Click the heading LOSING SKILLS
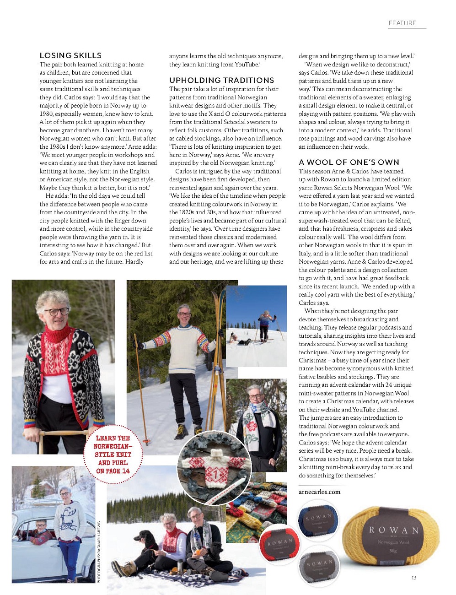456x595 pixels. [x=70, y=55]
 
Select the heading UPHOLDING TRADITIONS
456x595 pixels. [x=221, y=80]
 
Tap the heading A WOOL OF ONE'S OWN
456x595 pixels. [x=349, y=162]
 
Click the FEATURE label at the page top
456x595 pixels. [x=402, y=23]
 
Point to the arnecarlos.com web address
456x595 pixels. [x=320, y=492]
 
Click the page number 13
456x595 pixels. [x=413, y=578]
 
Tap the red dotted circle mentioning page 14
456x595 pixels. [x=113, y=454]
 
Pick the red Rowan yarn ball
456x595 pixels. [x=279, y=545]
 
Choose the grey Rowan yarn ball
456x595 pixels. [x=319, y=567]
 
